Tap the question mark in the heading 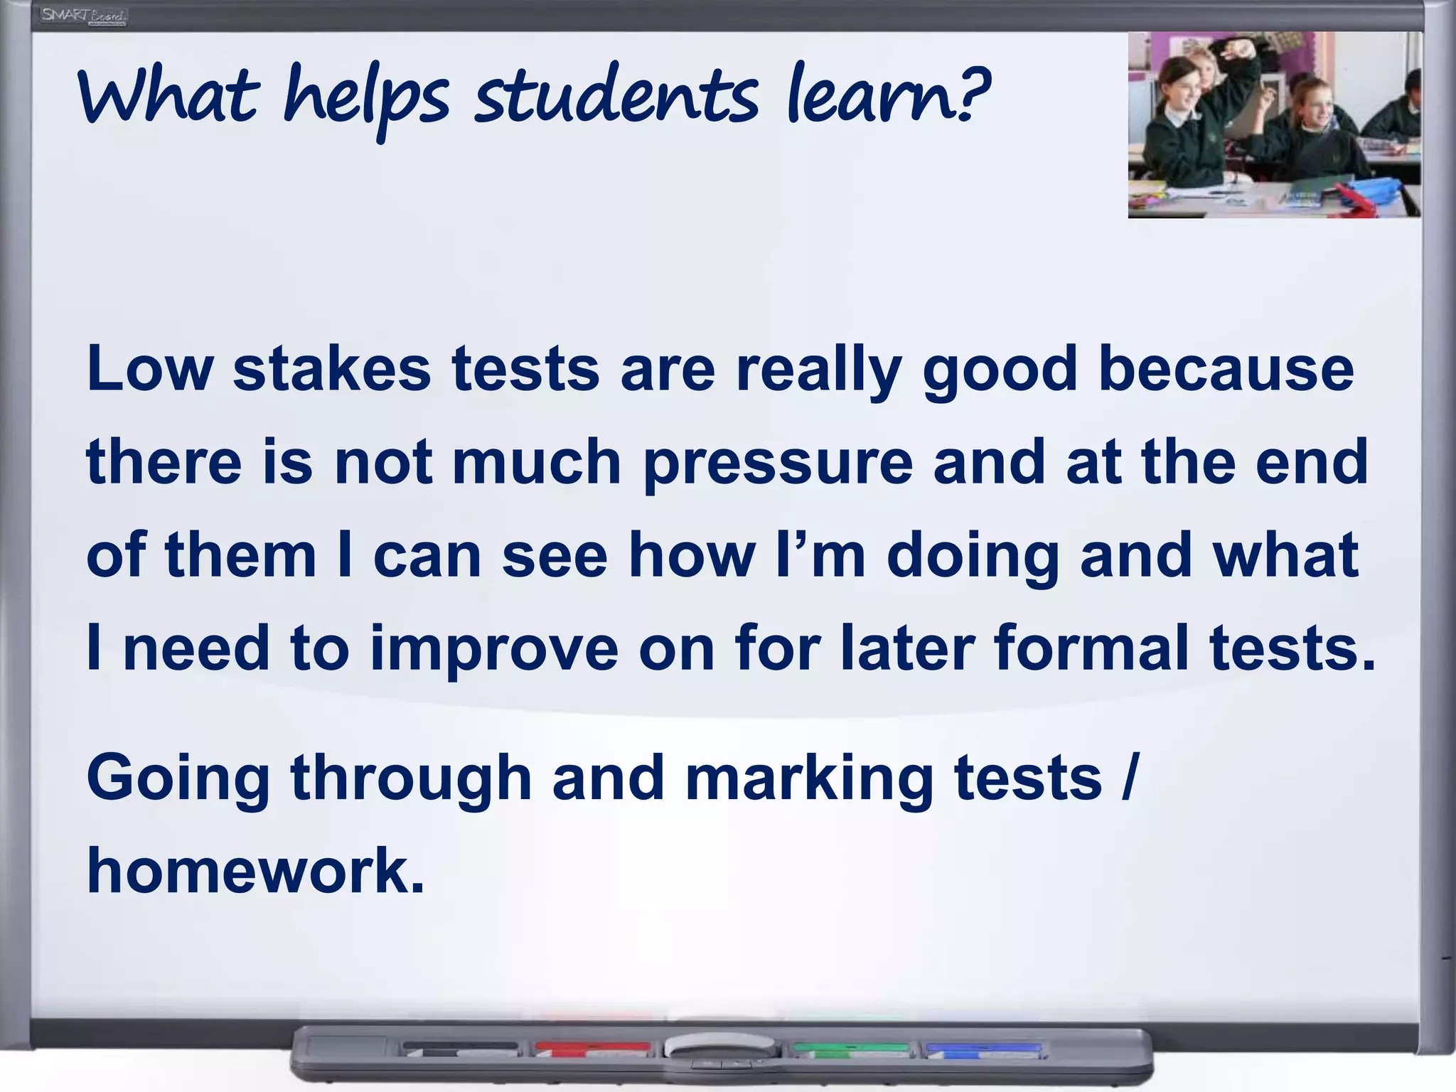[x=970, y=92]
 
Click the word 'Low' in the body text [x=149, y=369]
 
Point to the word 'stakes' [x=332, y=369]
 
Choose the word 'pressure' [x=778, y=464]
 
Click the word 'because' [x=1226, y=369]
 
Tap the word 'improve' [x=494, y=648]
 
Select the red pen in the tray [x=592, y=1048]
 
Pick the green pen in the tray [x=851, y=1048]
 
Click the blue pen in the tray [x=983, y=1048]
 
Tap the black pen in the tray [x=460, y=1048]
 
